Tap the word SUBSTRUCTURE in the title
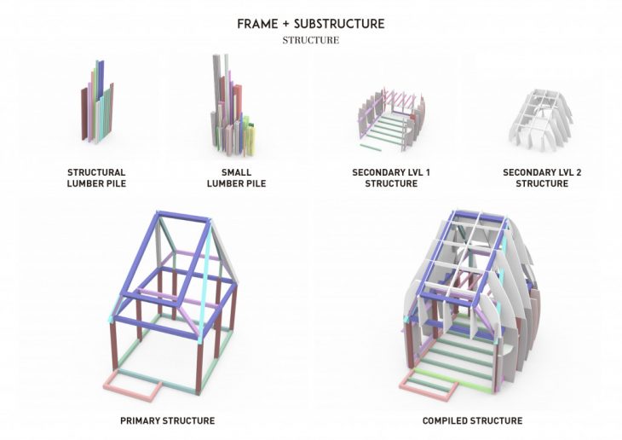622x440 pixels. [339, 24]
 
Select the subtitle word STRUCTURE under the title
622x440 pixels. [311, 40]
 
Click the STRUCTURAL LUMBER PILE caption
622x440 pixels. [96, 178]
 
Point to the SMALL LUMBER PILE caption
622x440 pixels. [236, 178]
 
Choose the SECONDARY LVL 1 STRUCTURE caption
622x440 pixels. [391, 178]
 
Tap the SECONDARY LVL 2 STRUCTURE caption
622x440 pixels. [542, 178]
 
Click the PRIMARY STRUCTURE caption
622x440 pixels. [167, 420]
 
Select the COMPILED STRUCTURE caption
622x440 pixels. [472, 420]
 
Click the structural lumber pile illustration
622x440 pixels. [97, 102]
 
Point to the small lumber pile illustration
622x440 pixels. [233, 104]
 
